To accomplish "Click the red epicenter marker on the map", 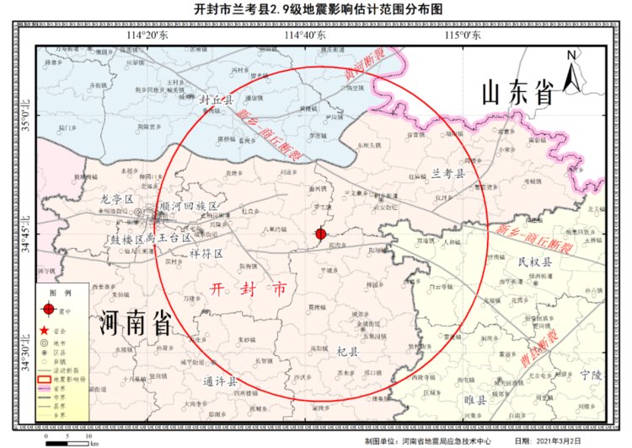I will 320,234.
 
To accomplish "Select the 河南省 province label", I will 136,322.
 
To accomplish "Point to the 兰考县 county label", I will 448,173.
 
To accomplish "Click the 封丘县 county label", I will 216,100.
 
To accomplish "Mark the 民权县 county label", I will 534,262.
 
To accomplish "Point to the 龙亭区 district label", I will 117,199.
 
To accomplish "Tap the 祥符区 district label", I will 206,253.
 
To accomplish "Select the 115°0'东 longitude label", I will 463,35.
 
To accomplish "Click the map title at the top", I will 318,9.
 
